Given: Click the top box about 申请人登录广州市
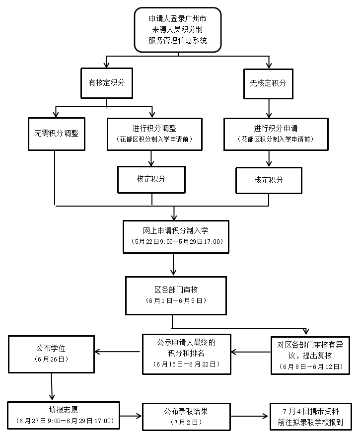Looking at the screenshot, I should click(178, 29).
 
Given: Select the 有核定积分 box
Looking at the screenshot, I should click(106, 82).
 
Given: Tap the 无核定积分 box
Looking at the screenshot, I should click(268, 83).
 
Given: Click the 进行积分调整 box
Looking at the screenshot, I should click(154, 134).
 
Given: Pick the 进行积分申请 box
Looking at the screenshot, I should click(275, 134).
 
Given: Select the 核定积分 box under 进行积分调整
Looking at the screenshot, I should click(151, 179).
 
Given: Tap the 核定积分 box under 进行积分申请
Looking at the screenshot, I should click(269, 180).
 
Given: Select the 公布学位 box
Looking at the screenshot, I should click(51, 353).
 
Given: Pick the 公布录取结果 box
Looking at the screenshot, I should click(186, 416).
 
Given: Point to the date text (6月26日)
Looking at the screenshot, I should click(51, 359).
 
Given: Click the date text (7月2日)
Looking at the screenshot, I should click(186, 422).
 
